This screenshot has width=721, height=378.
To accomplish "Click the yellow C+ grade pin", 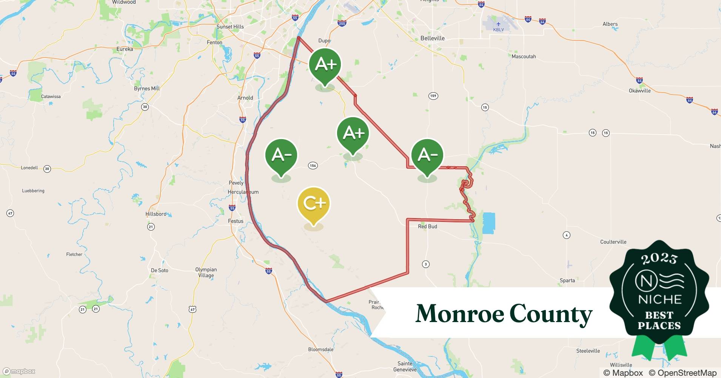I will click(314, 204).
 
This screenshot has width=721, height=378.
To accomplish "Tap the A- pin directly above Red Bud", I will click(427, 155).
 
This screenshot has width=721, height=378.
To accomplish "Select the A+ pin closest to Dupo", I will click(325, 65).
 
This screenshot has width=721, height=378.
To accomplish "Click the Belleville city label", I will click(433, 38).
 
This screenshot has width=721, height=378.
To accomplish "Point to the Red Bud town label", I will click(427, 226).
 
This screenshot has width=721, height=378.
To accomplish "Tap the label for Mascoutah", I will click(524, 56).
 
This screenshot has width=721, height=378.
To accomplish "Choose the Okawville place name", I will click(639, 91).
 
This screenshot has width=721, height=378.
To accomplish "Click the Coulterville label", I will click(613, 242).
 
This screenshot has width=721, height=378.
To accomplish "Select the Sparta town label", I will click(567, 280).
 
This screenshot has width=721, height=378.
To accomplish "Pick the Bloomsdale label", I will click(320, 349).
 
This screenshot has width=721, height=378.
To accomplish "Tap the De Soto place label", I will click(159, 270).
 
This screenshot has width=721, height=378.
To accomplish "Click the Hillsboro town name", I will click(156, 214).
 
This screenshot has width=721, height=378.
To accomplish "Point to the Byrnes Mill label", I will click(147, 88).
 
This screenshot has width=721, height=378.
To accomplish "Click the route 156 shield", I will click(313, 165).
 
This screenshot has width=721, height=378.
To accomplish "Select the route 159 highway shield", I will click(433, 96).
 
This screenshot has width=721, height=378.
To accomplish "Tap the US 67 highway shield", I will click(193, 309).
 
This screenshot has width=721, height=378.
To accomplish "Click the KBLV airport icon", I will click(498, 24).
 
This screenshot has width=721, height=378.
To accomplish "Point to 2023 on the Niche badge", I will click(659, 259).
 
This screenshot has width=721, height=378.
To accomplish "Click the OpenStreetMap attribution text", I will click(682, 373).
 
